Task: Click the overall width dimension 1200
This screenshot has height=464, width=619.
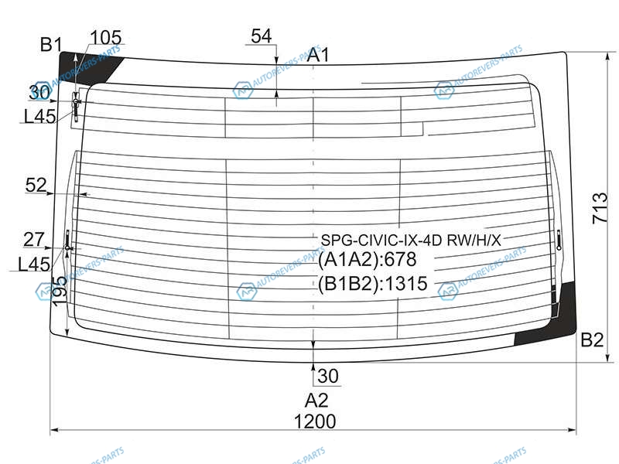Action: pyautogui.click(x=315, y=421)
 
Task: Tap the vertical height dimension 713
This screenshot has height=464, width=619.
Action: pyautogui.click(x=600, y=208)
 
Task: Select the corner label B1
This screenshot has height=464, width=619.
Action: pyautogui.click(x=51, y=44)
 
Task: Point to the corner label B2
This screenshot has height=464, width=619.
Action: pyautogui.click(x=592, y=339)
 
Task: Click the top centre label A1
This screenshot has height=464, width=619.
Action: pyautogui.click(x=318, y=54)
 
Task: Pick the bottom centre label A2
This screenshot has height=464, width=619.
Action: pyautogui.click(x=316, y=400)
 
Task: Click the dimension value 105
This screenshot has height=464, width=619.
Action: pyautogui.click(x=106, y=38)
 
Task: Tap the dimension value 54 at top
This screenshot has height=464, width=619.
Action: pyautogui.click(x=262, y=36)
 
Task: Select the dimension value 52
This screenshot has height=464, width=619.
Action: pyautogui.click(x=36, y=185)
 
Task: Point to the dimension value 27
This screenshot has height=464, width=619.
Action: pyautogui.click(x=34, y=240)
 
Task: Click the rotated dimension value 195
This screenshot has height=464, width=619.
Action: pyautogui.click(x=60, y=291)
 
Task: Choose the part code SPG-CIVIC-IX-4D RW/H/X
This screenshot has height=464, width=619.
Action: pyautogui.click(x=411, y=240)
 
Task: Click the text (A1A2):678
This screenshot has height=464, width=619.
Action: pyautogui.click(x=367, y=259)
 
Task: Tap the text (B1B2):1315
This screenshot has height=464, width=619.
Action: pyautogui.click(x=373, y=283)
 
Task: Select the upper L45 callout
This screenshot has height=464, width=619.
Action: pyautogui.click(x=39, y=116)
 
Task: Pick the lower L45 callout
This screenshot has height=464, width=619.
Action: pyautogui.click(x=34, y=264)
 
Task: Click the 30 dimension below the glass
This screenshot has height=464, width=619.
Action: pyautogui.click(x=328, y=376)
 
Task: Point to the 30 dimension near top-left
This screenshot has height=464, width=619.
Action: pyautogui.click(x=40, y=93)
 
